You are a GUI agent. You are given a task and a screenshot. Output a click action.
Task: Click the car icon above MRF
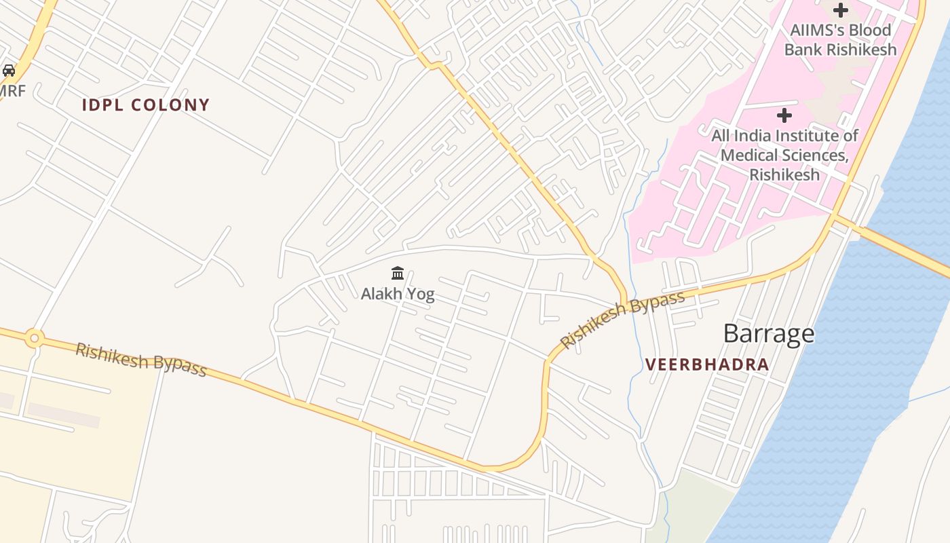[x=9, y=70]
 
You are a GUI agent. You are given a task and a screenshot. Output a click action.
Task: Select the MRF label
[x=12, y=90]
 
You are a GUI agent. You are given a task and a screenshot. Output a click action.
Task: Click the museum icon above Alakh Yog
[x=398, y=274]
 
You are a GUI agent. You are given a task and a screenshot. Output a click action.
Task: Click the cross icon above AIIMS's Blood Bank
[x=841, y=10]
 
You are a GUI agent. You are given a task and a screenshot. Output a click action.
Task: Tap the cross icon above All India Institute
[x=784, y=115]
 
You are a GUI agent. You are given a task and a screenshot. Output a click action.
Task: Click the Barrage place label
[x=768, y=333]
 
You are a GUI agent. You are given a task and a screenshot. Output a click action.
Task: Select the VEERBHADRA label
[x=707, y=364]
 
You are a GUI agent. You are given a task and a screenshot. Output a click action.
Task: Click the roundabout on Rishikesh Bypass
[x=35, y=337]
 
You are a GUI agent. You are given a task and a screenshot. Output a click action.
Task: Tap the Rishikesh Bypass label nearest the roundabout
[x=140, y=358]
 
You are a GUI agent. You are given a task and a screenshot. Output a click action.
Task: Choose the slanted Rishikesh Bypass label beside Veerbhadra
[x=622, y=319]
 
